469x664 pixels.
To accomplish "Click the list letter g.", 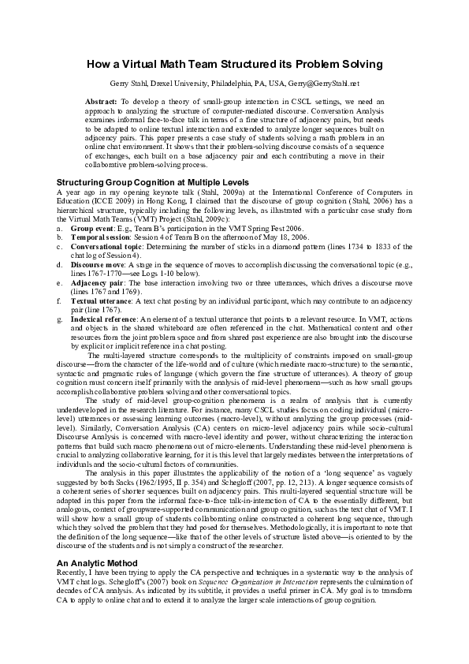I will [61, 319].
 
